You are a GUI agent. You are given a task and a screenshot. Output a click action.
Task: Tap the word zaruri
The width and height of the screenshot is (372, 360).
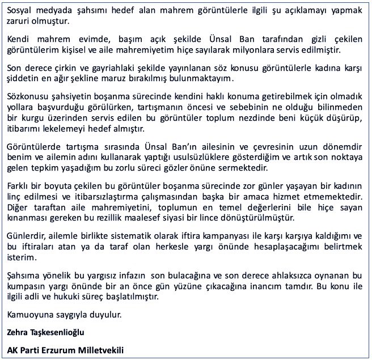[19, 22]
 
